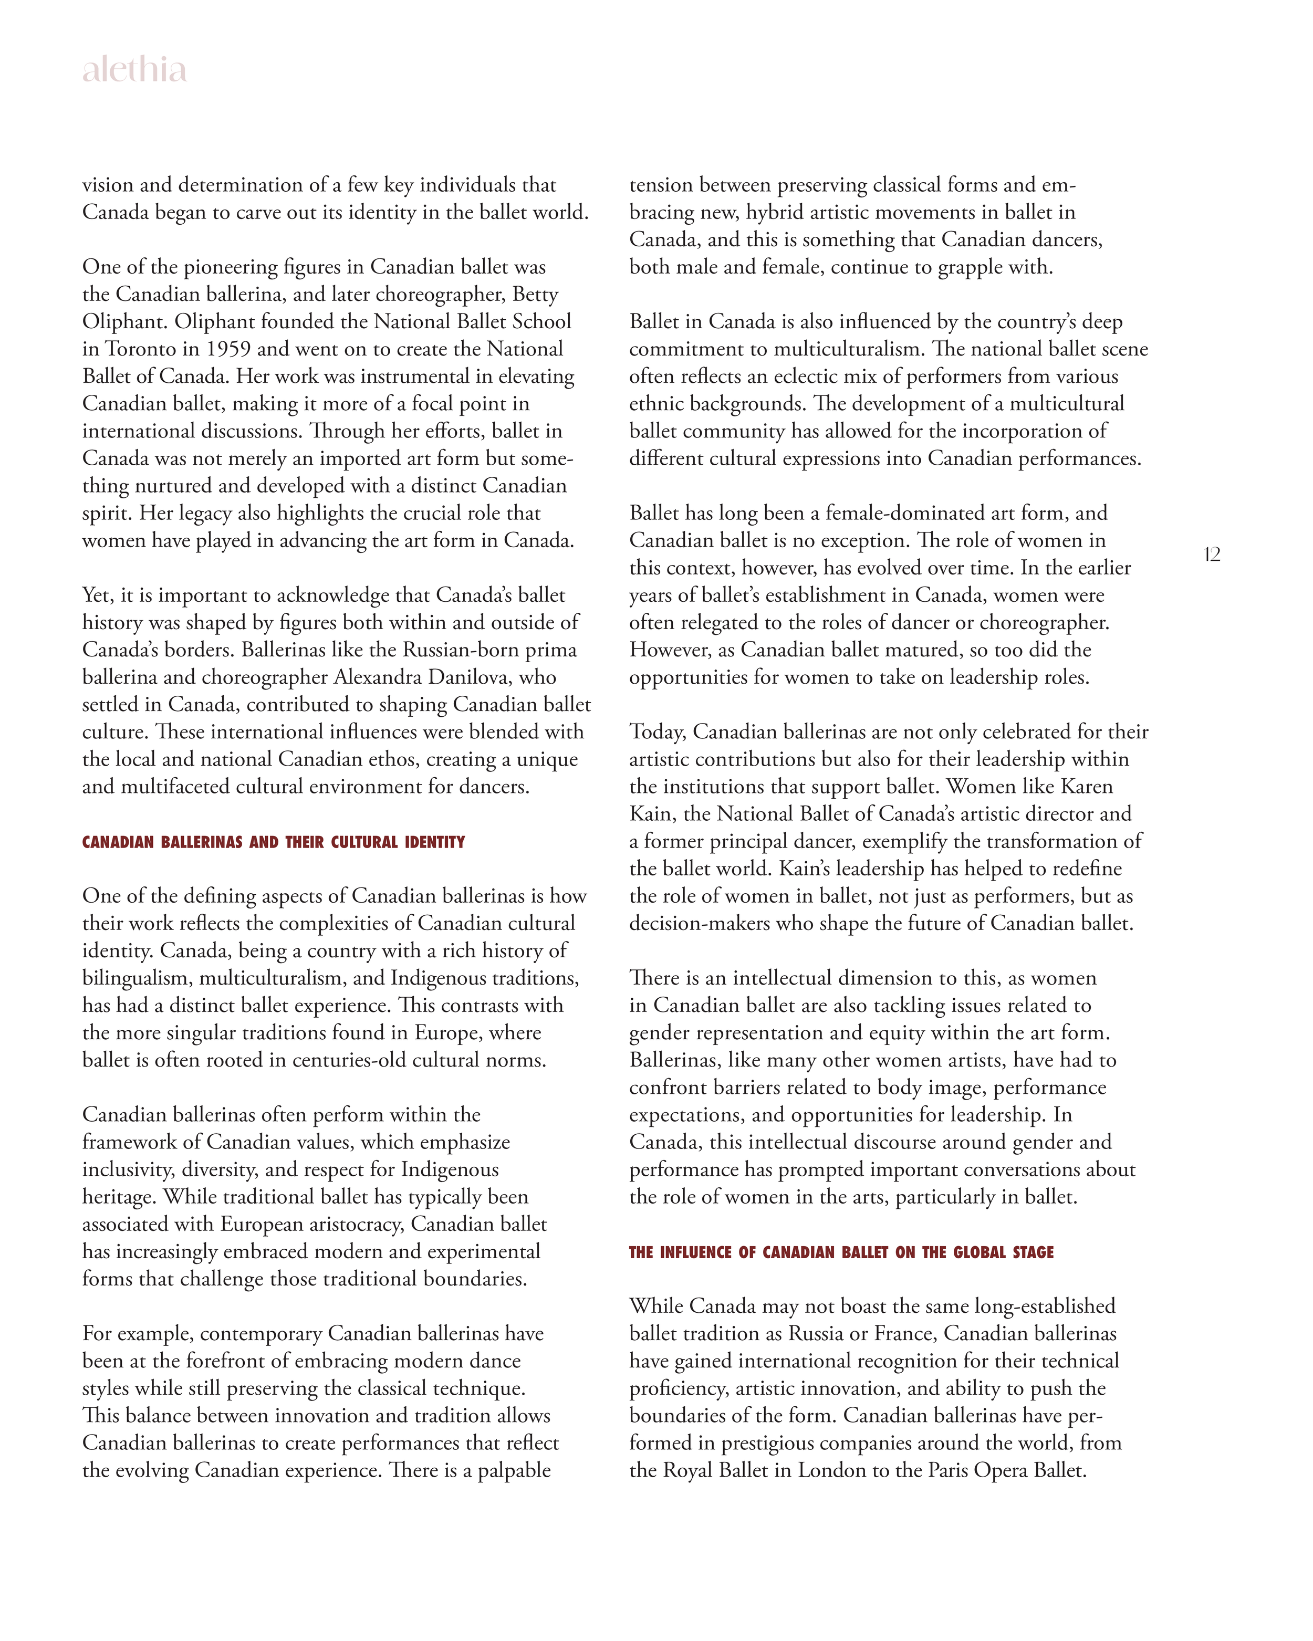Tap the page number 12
tap(1213, 555)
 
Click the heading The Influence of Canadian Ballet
tap(841, 1252)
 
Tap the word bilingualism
tap(137, 978)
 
